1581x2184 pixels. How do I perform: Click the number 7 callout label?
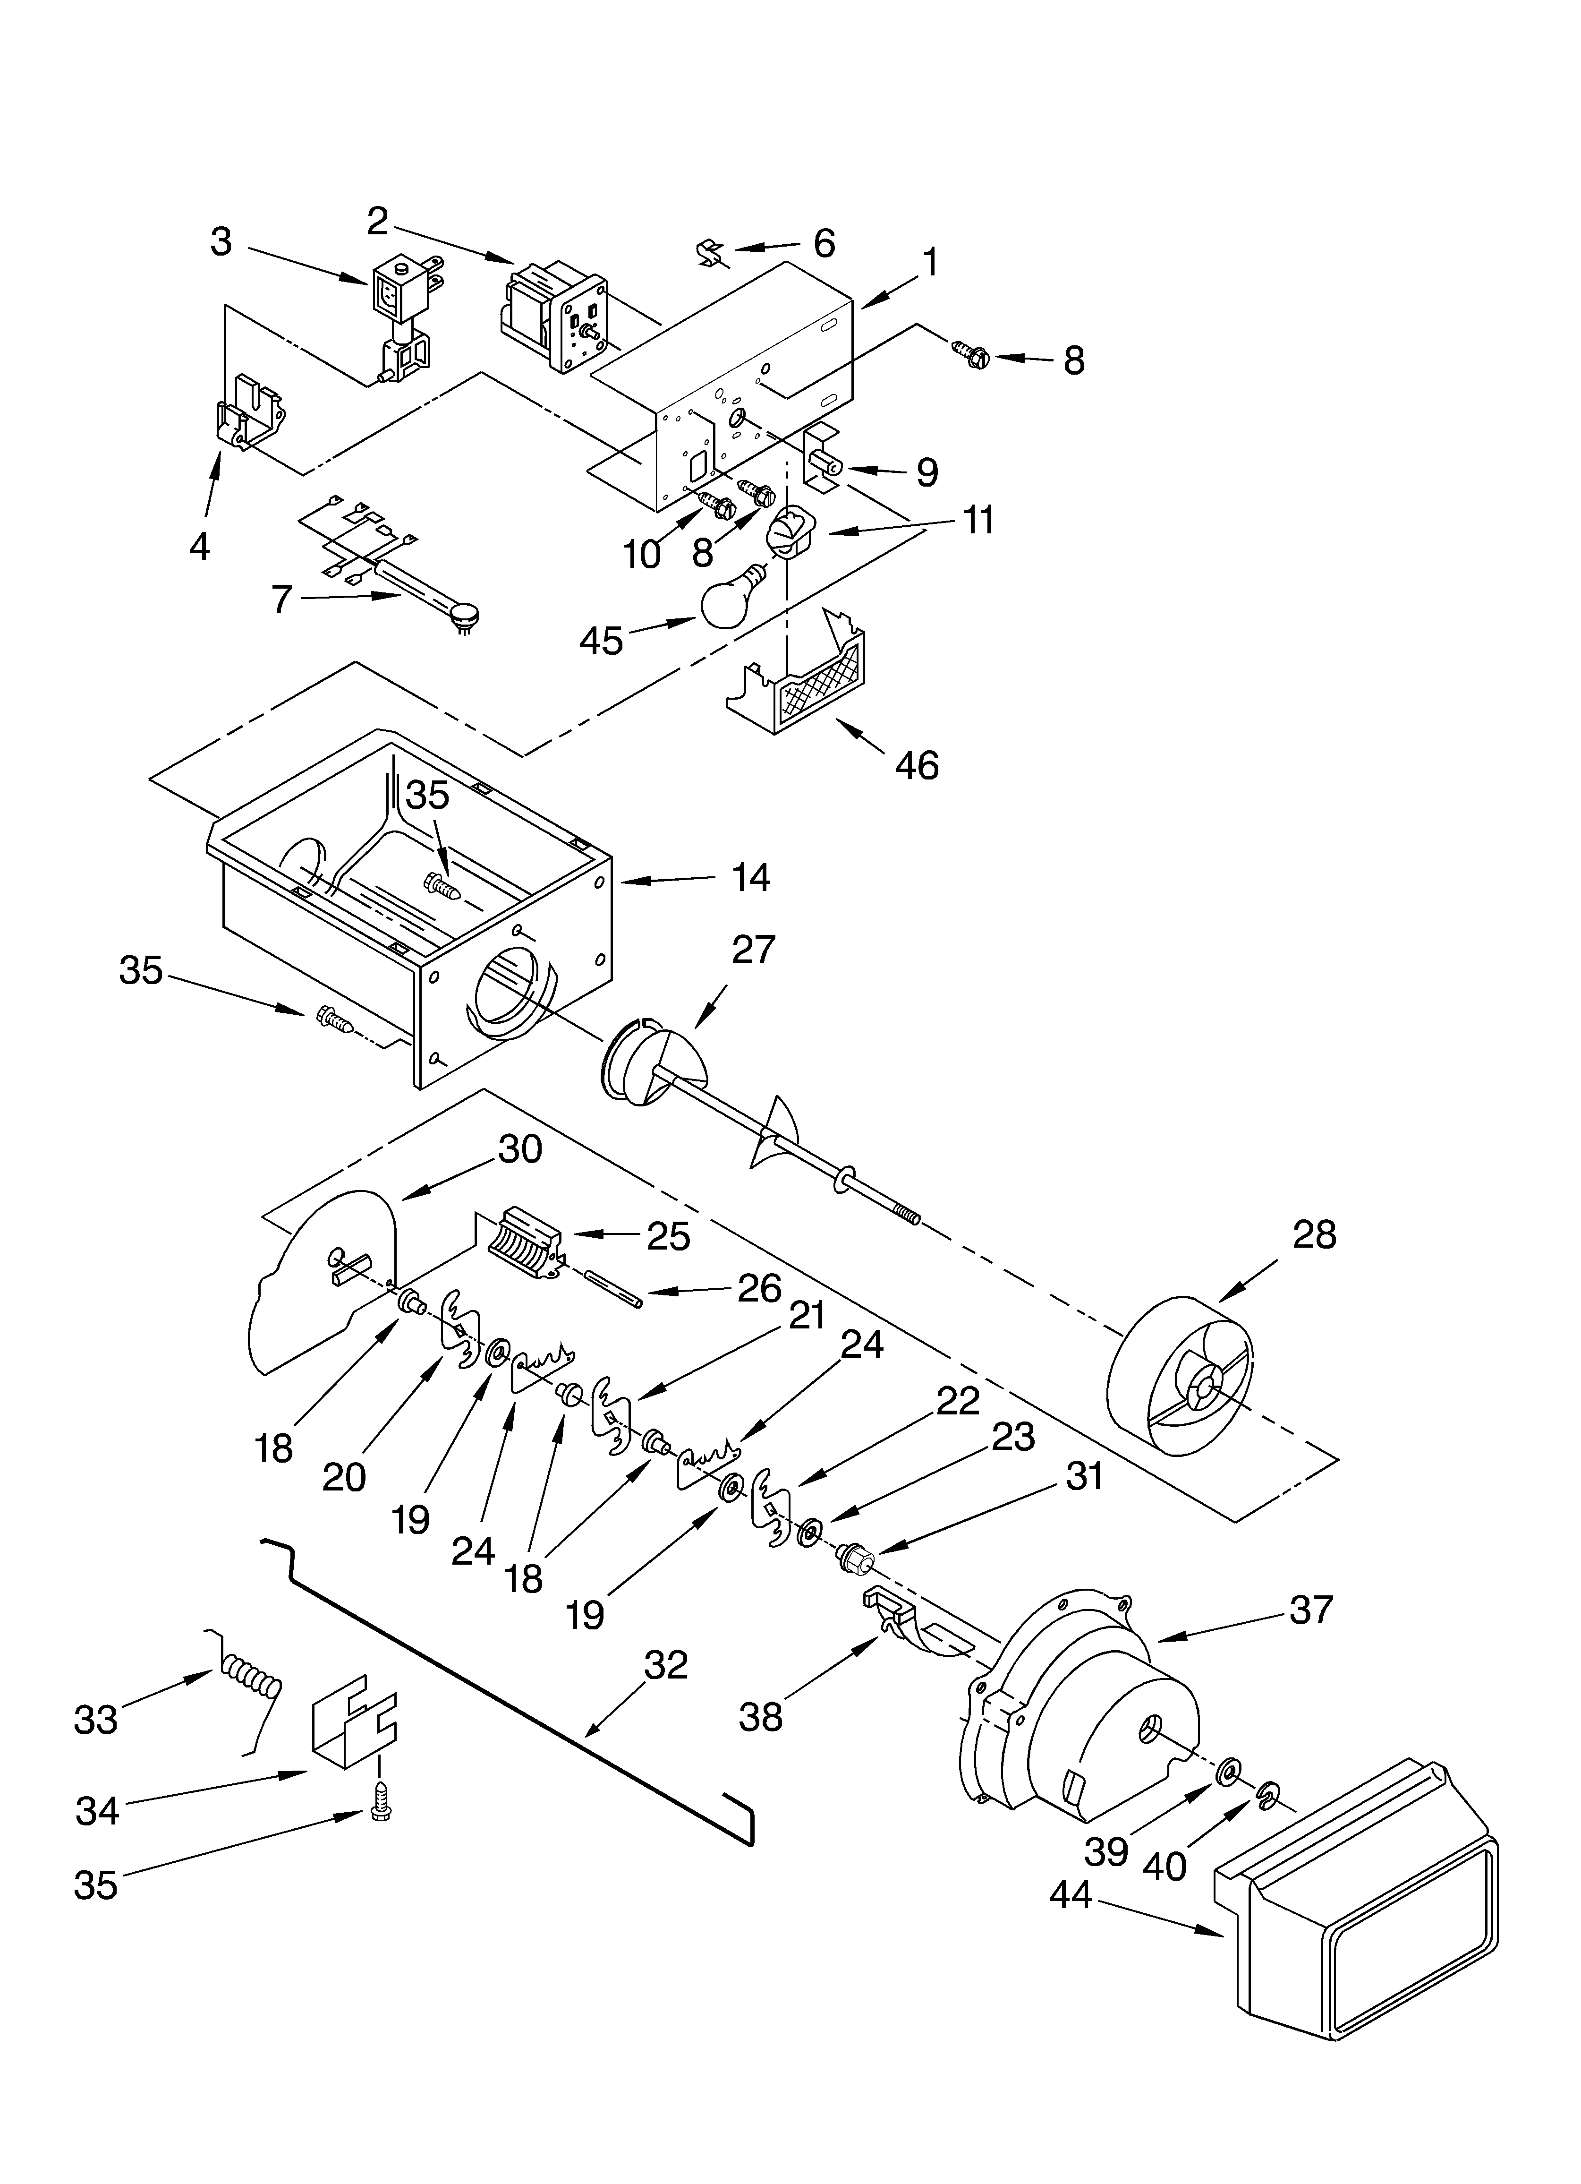[x=281, y=599]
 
